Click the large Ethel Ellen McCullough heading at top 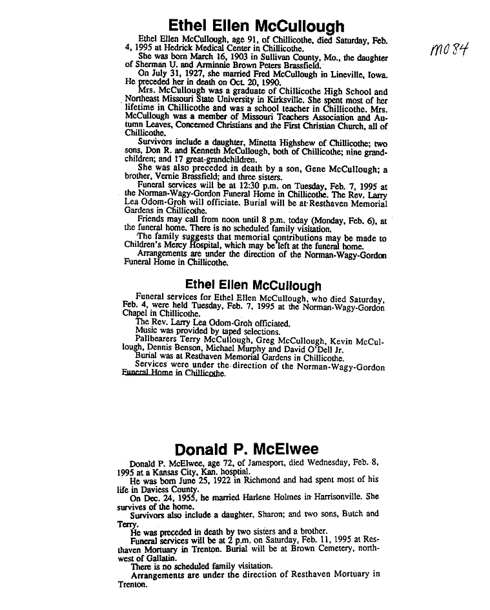[256, 26]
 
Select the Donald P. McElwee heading [247, 450]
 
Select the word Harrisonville [318, 498]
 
